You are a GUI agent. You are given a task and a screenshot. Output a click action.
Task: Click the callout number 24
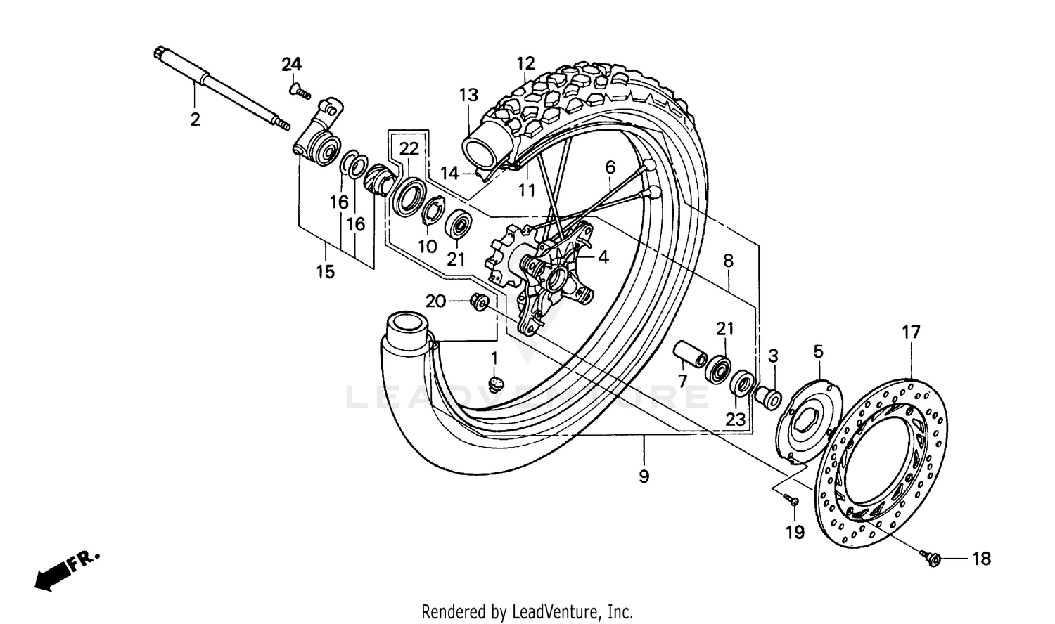(292, 65)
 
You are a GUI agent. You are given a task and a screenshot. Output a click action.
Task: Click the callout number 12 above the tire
(526, 63)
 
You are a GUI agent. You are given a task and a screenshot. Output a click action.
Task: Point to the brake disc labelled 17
(883, 464)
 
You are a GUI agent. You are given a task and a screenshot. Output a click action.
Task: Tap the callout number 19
(795, 533)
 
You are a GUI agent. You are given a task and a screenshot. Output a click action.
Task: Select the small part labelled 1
(495, 384)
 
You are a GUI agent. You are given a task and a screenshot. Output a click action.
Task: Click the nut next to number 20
(479, 301)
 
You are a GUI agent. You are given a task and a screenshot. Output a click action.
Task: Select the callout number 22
(409, 148)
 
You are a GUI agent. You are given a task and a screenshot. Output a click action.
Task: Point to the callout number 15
(326, 271)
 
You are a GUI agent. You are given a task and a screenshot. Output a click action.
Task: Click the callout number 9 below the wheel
(644, 476)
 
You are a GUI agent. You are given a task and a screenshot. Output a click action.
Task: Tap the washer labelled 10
(430, 212)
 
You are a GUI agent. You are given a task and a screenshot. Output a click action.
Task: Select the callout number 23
(735, 419)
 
